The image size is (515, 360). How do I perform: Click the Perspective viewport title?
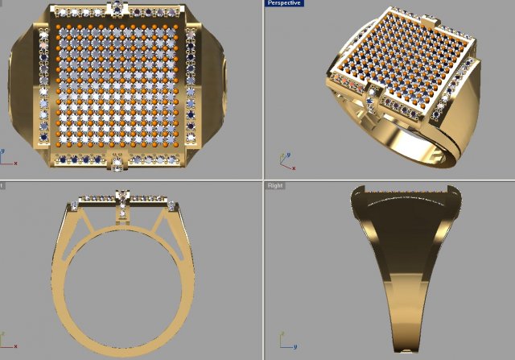click(x=284, y=4)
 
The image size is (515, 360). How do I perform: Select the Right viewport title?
click(x=275, y=185)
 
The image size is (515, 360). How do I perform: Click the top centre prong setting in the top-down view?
click(x=119, y=10)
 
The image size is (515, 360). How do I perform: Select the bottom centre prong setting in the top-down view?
click(x=119, y=163)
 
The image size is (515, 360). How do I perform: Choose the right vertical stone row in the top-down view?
click(x=192, y=87)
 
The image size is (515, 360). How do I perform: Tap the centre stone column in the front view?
click(x=122, y=205)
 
